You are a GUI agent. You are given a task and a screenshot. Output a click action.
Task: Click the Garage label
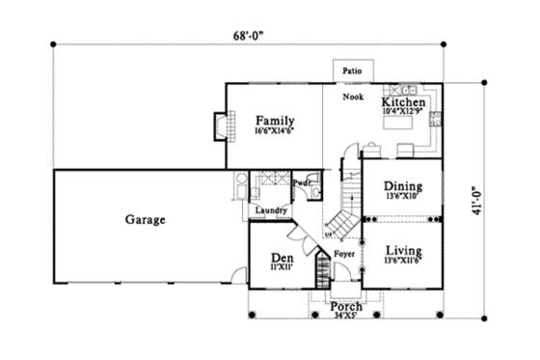146,219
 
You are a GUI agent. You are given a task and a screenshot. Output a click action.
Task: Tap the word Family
275,120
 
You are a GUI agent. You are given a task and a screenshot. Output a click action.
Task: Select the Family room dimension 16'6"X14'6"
275,130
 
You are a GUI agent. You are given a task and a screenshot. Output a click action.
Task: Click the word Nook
353,97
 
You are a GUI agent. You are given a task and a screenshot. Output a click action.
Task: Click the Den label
281,258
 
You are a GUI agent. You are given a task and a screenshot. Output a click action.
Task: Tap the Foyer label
344,254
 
